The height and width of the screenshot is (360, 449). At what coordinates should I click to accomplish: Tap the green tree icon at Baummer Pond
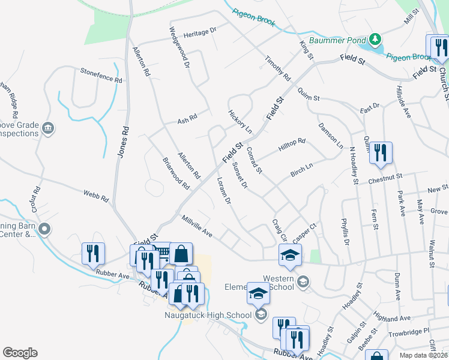[x=376, y=40]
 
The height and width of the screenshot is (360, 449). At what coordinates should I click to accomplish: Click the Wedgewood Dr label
[x=179, y=47]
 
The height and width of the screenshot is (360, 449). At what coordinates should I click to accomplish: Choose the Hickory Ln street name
[x=240, y=121]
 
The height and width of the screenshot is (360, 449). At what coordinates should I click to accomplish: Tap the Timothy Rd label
[x=278, y=70]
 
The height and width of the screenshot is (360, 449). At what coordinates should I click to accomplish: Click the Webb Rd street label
[x=96, y=195]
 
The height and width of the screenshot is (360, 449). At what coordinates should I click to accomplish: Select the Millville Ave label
[x=197, y=226]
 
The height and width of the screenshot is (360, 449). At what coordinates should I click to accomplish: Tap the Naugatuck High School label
[x=208, y=314]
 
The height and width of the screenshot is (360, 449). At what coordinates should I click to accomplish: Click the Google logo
[x=20, y=353]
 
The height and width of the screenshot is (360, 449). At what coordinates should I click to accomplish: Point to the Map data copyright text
[x=422, y=355]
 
